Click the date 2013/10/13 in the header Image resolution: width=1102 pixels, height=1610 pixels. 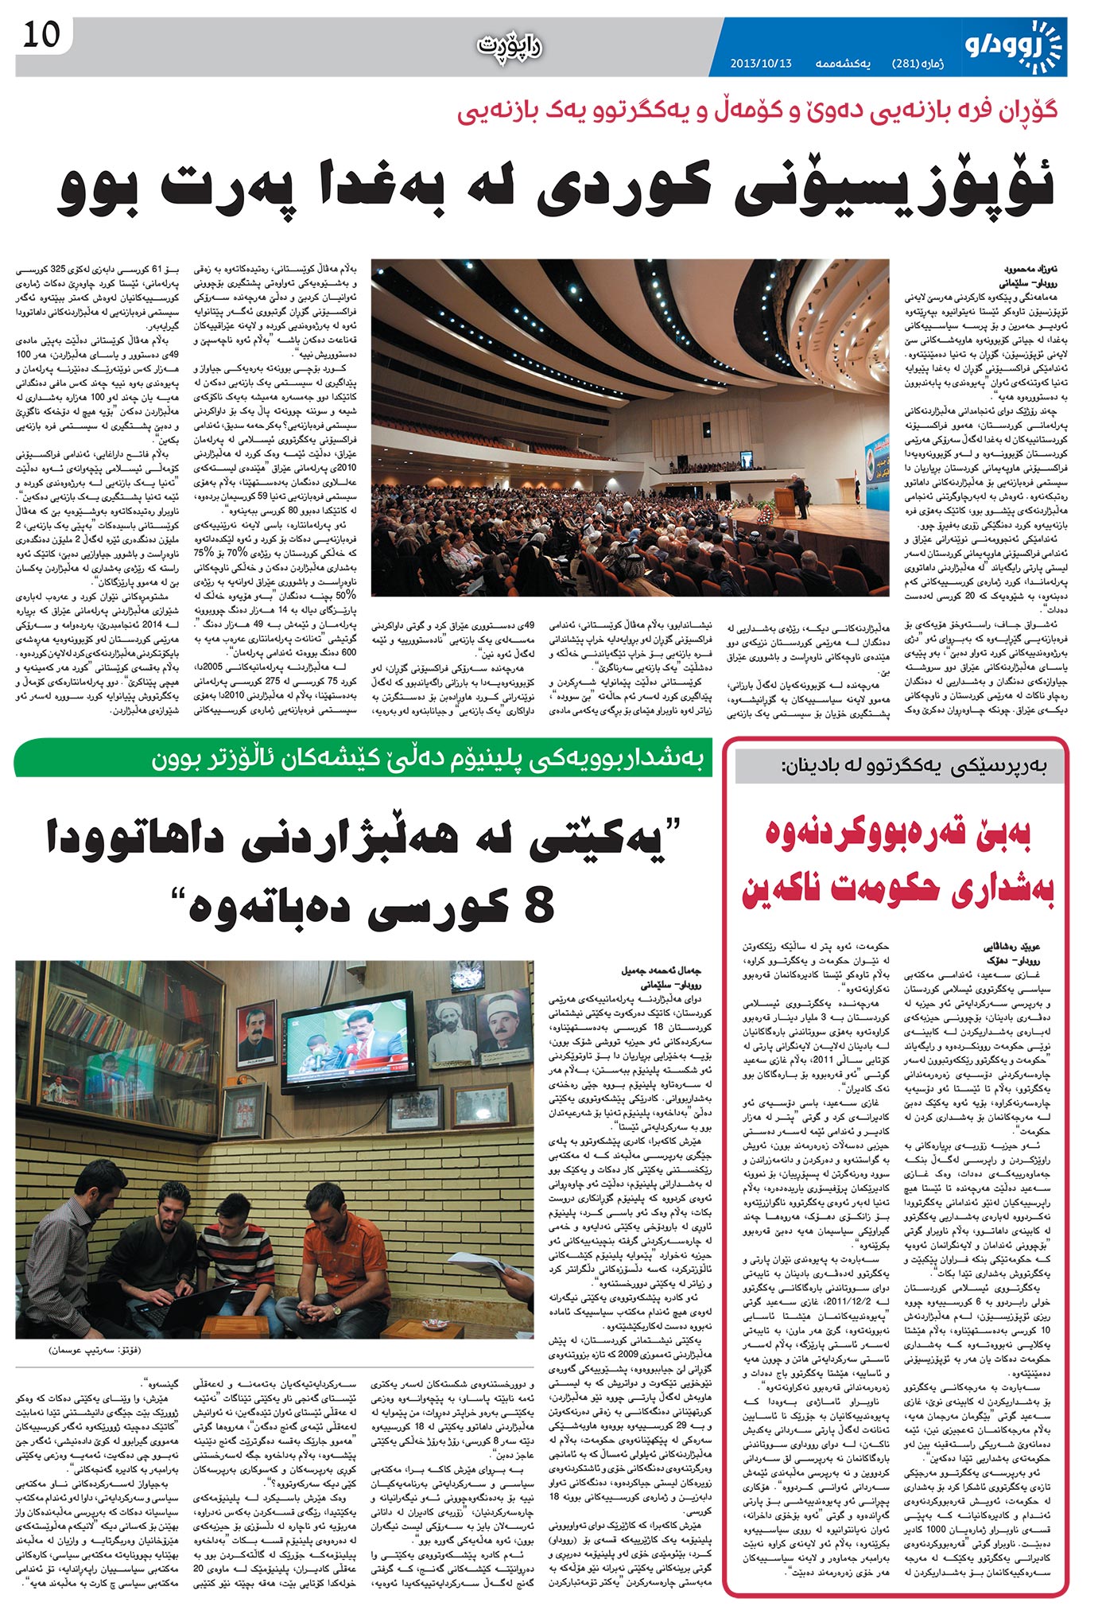coord(761,63)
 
